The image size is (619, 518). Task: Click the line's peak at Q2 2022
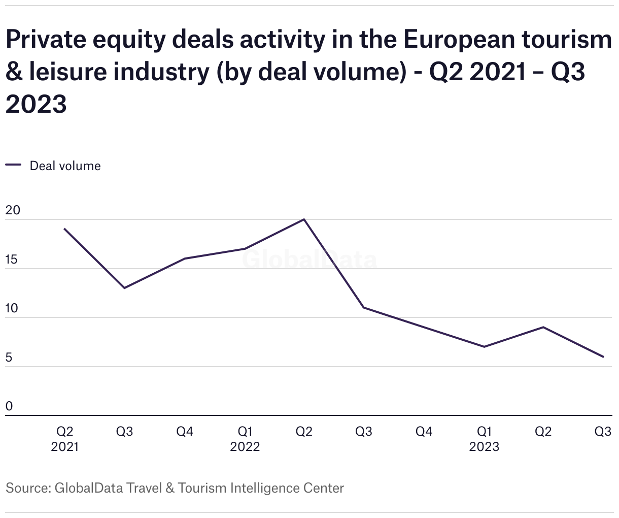click(x=304, y=219)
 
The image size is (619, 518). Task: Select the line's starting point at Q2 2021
click(x=64, y=229)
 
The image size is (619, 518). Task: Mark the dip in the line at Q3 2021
click(x=124, y=288)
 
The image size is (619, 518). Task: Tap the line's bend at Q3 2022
click(x=364, y=308)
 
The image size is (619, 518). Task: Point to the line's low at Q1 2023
click(x=484, y=347)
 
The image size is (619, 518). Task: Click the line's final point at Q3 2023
click(x=603, y=357)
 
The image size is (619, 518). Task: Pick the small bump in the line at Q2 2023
click(x=543, y=327)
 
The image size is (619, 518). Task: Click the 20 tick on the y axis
click(x=13, y=210)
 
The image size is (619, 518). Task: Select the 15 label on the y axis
click(x=12, y=260)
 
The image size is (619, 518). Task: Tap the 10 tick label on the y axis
click(x=12, y=309)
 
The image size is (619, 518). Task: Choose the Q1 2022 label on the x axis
click(x=245, y=439)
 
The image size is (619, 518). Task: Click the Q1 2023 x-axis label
click(x=484, y=439)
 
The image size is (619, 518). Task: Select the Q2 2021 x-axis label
click(x=64, y=439)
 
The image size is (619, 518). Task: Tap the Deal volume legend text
click(x=65, y=166)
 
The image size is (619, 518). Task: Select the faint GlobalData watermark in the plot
click(x=309, y=261)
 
